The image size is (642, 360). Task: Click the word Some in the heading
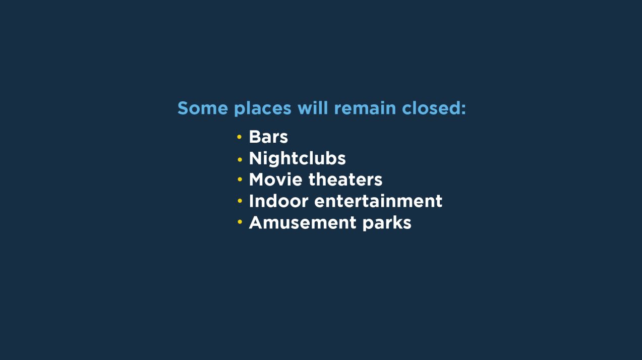(x=203, y=108)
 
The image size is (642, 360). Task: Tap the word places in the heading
(x=263, y=109)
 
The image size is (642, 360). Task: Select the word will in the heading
(x=313, y=108)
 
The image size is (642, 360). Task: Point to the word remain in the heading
(x=365, y=108)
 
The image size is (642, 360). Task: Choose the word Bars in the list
(x=268, y=137)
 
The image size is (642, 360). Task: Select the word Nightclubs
(x=297, y=158)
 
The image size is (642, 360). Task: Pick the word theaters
(x=345, y=179)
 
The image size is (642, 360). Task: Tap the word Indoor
(x=278, y=201)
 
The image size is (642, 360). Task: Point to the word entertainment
(x=378, y=201)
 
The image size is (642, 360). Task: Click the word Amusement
(x=303, y=223)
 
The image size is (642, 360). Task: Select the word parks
(x=387, y=223)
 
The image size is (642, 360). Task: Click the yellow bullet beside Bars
(x=240, y=137)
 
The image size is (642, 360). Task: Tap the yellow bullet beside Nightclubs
(x=240, y=159)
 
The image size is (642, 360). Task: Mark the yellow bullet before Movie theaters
(x=240, y=179)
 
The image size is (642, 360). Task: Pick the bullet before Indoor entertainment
(x=240, y=201)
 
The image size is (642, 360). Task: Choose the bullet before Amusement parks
(x=240, y=221)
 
